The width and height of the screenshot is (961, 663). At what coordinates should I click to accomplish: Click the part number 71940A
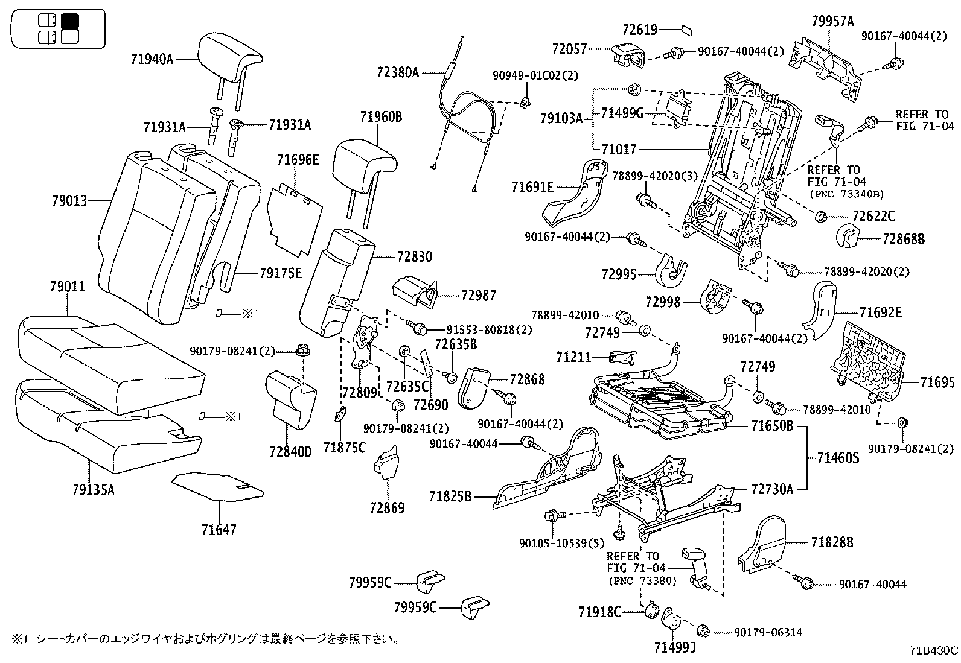pyautogui.click(x=152, y=59)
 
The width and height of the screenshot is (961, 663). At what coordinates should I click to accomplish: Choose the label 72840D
pyautogui.click(x=291, y=451)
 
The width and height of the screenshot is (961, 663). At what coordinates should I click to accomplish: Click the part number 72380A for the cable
pyautogui.click(x=397, y=72)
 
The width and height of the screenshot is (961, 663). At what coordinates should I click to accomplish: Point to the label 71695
pyautogui.click(x=937, y=382)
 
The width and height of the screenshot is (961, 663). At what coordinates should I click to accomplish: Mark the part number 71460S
pyautogui.click(x=838, y=458)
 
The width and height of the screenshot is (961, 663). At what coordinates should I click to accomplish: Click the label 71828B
pyautogui.click(x=832, y=542)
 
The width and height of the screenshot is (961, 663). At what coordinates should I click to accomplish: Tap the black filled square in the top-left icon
pyautogui.click(x=71, y=21)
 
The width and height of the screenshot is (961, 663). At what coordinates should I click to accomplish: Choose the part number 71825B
pyautogui.click(x=450, y=496)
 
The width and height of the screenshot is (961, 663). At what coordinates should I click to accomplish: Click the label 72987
pyautogui.click(x=479, y=296)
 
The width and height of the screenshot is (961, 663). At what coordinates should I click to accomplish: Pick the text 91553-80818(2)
pyautogui.click(x=490, y=329)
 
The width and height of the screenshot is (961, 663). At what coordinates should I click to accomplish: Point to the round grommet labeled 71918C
pyautogui.click(x=651, y=611)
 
